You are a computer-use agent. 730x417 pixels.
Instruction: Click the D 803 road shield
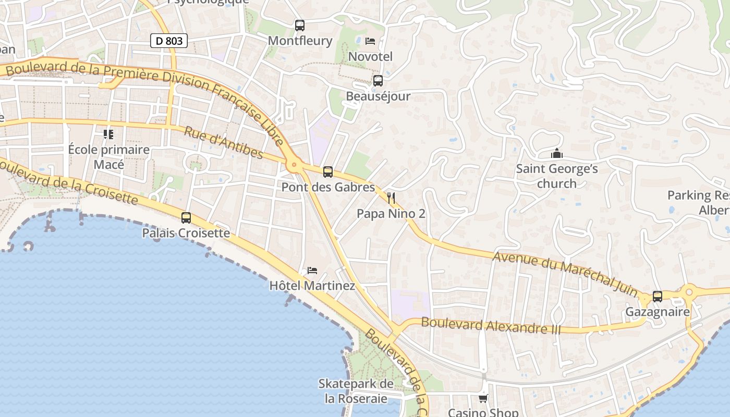point(169,41)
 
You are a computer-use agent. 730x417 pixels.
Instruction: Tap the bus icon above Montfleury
point(300,25)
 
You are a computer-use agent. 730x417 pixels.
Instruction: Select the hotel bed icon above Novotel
point(370,41)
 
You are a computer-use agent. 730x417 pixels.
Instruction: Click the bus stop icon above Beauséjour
point(378,81)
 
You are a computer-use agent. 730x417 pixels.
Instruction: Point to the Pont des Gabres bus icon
point(328,171)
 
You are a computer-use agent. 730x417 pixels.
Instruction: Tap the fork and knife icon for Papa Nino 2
point(391,198)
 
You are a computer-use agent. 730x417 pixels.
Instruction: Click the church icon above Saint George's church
point(557,153)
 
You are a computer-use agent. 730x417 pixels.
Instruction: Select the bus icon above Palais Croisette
point(186,218)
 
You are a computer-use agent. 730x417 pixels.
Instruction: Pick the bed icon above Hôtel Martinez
point(312,270)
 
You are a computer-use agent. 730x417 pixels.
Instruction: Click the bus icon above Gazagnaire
point(658,296)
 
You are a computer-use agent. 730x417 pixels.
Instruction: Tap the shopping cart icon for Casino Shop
point(483,398)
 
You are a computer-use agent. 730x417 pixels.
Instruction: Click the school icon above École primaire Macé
point(108,134)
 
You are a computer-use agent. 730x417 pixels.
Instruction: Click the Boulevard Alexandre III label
point(491,326)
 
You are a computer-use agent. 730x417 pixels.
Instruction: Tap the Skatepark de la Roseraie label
point(356,391)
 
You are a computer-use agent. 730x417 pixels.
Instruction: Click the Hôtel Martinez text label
point(312,286)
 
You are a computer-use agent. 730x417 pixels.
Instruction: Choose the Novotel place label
point(370,56)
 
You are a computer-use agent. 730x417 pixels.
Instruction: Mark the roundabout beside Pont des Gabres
point(295,165)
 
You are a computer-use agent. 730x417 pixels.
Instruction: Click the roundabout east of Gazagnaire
point(689,291)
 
